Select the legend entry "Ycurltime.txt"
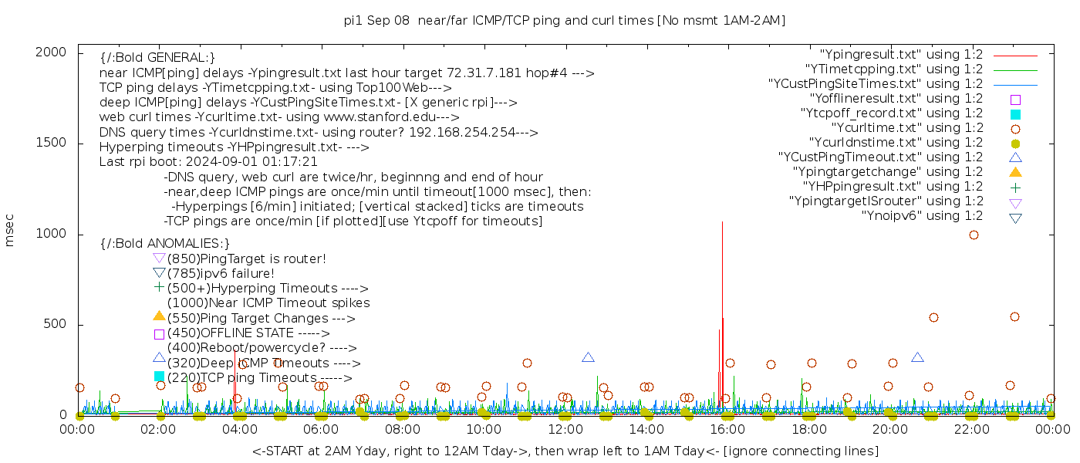coord(906,128)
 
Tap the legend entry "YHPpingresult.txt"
coord(893,187)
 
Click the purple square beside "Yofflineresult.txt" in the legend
coord(1015,100)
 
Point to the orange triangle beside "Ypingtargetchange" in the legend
coord(1015,172)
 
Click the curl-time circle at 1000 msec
coord(974,235)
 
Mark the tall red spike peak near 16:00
coord(722,223)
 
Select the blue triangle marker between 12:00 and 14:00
coord(588,357)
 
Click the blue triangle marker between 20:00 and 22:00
coord(917,357)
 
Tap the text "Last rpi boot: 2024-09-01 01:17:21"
coord(208,162)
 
